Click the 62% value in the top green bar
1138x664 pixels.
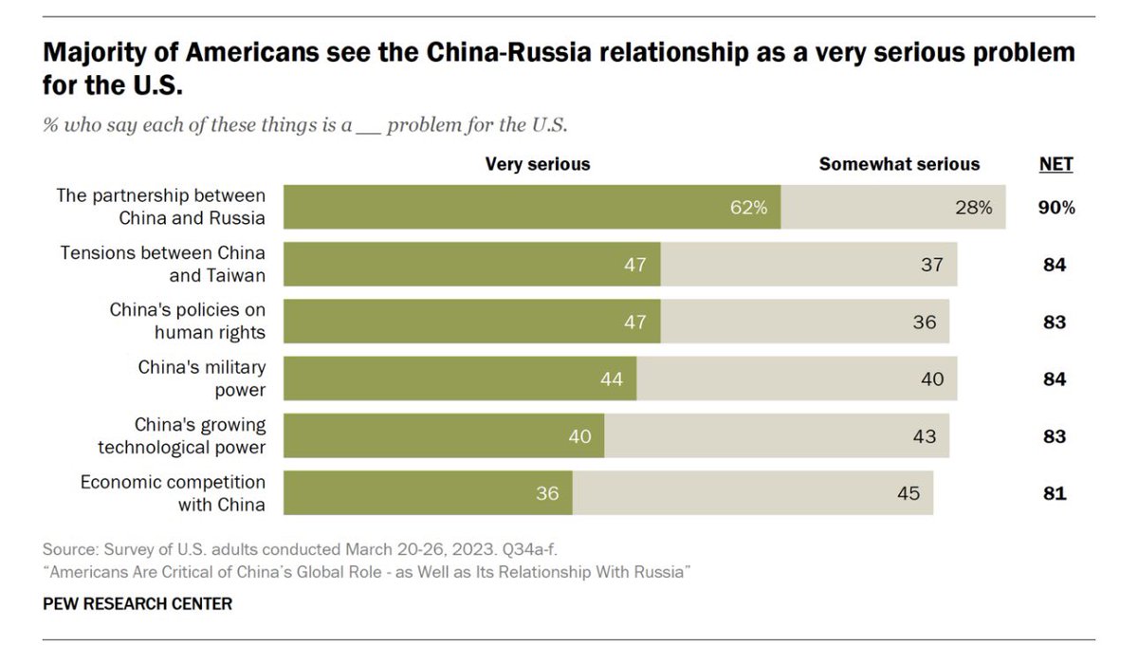point(748,208)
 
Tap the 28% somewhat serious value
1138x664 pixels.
point(973,208)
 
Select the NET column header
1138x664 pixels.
point(1055,164)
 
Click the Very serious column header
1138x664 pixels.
point(538,164)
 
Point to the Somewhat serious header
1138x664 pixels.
point(899,164)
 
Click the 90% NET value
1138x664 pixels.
point(1056,208)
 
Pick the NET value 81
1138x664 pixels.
point(1055,493)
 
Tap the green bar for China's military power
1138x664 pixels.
point(460,378)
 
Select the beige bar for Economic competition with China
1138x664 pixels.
point(753,493)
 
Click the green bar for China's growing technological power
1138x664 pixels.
point(444,436)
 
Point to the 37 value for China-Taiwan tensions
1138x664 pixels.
point(931,265)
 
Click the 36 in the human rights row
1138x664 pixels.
point(924,322)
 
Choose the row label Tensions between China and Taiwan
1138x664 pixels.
point(162,265)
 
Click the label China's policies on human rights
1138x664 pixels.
point(188,321)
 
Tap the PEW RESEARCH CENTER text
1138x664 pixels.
point(138,603)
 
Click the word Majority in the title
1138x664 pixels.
point(95,53)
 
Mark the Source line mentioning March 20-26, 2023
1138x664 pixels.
point(300,549)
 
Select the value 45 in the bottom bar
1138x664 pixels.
point(909,493)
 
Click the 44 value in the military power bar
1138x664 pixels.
point(611,379)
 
